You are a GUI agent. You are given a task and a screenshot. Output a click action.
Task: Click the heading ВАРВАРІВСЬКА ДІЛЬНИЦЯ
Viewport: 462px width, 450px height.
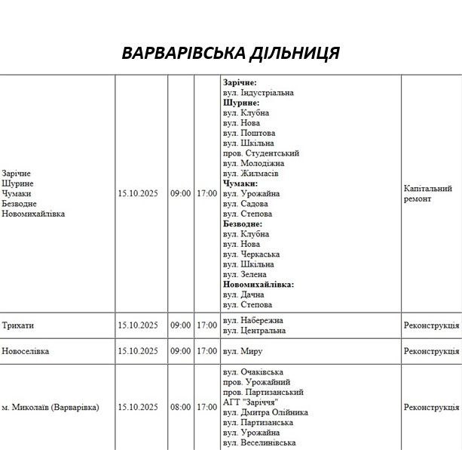(x=231, y=54)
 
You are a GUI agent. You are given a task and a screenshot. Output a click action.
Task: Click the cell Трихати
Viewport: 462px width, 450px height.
(x=18, y=325)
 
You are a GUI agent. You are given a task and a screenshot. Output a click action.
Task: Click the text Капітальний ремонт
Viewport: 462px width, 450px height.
(x=427, y=193)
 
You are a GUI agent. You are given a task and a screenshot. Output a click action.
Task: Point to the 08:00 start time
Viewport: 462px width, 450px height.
(x=180, y=408)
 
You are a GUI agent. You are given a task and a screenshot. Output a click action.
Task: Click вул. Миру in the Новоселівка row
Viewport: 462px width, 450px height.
(x=243, y=351)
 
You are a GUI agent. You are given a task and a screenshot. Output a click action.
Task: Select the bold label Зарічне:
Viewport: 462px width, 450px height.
(x=240, y=82)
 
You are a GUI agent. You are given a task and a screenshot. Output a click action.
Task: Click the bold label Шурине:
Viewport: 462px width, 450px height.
(x=241, y=103)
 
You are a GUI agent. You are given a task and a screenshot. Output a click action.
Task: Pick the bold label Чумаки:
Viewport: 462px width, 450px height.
(x=240, y=183)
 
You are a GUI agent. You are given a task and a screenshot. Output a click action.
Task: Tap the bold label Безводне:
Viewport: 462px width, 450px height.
(x=243, y=224)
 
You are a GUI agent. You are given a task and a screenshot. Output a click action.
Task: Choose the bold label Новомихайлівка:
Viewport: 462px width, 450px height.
(x=259, y=285)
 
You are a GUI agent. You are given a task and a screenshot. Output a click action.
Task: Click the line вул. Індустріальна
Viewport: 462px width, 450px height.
(x=259, y=93)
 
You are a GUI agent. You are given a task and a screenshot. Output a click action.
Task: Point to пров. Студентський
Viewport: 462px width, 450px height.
(x=261, y=153)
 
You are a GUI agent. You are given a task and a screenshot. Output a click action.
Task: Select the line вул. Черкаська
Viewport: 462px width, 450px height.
(x=251, y=254)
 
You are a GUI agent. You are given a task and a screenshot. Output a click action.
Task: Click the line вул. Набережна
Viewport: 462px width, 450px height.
(x=254, y=320)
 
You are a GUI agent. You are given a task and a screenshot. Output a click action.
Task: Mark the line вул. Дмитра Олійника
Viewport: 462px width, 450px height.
(x=265, y=412)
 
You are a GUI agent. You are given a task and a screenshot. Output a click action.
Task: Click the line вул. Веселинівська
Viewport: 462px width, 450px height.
(x=259, y=443)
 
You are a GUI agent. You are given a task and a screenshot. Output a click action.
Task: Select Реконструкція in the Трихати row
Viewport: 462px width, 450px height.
(x=431, y=325)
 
